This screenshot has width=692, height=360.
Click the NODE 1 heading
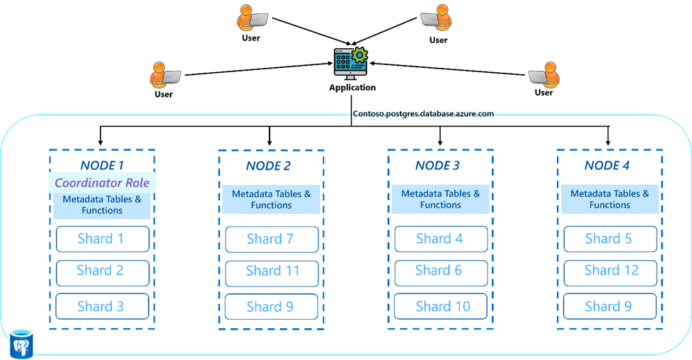[x=102, y=165]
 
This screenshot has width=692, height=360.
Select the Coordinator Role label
[x=102, y=182]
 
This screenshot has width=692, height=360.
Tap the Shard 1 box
[x=103, y=239]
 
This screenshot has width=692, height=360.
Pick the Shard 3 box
[x=103, y=306]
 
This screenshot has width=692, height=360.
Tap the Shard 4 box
[x=441, y=239]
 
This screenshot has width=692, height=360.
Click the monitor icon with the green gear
[x=350, y=62]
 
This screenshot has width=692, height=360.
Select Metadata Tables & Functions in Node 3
[x=440, y=199]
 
